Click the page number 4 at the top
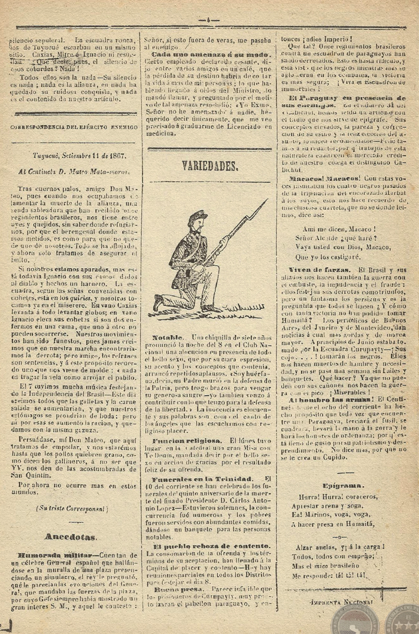pyautogui.click(x=209, y=20)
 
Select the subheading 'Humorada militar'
pyautogui.click(x=54, y=555)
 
